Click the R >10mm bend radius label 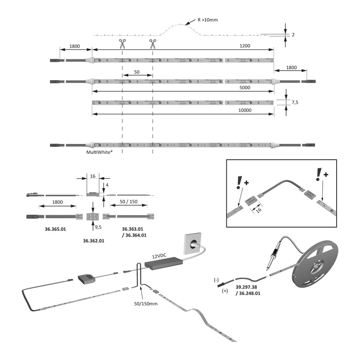208,20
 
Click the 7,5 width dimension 295,103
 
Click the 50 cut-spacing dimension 137,72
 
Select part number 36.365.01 55,229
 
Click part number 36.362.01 94,241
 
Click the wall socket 193,243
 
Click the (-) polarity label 216,280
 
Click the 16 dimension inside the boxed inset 257,210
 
